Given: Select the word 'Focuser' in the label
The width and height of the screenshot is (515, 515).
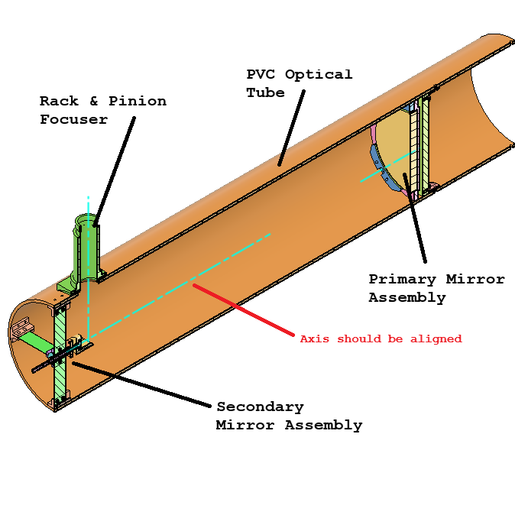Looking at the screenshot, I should point(73,119).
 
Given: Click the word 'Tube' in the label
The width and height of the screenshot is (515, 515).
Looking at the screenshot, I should point(264,92).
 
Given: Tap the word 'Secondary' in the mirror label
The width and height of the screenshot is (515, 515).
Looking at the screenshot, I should point(260,406).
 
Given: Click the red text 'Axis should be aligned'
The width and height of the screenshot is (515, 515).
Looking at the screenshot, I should point(381,338).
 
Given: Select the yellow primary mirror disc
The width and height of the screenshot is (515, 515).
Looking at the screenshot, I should point(394,149).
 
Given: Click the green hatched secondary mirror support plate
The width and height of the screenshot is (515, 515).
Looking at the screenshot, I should point(60,359).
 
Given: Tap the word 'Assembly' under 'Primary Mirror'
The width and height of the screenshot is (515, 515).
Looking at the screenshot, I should point(406,298).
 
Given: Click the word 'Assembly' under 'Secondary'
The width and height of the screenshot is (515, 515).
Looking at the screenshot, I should point(326,425).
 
